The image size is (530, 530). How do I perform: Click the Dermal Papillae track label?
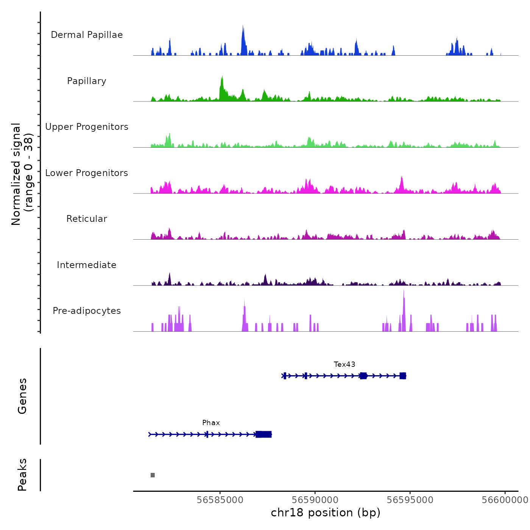(87, 35)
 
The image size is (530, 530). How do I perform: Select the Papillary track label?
(87, 81)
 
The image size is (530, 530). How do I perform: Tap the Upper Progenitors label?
(87, 127)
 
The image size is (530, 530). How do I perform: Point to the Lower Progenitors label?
(87, 173)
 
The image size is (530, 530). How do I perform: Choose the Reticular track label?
(87, 219)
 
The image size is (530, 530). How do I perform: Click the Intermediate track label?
(87, 265)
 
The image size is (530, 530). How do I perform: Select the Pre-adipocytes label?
(87, 311)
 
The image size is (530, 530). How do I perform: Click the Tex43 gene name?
(344, 365)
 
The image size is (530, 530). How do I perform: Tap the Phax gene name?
(211, 423)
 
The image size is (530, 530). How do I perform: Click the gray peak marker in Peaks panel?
(153, 475)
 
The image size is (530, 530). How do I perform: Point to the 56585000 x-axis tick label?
(220, 500)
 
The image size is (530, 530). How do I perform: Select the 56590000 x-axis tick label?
(315, 500)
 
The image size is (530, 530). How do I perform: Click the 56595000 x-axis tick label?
(410, 500)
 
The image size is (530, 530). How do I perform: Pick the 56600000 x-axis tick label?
(505, 500)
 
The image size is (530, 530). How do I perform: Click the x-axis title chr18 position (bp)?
(326, 513)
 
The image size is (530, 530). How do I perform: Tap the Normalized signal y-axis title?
(22, 174)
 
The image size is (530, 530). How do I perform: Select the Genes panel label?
(22, 396)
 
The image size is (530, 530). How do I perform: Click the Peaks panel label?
(22, 475)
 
